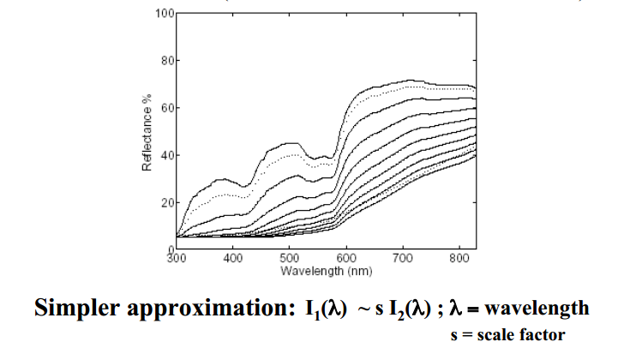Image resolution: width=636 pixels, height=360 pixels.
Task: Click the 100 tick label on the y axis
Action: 165,15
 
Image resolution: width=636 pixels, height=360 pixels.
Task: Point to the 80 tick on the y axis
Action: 167,62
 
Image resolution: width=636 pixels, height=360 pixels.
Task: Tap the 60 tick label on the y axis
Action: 167,108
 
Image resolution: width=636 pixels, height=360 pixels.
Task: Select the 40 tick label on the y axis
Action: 167,155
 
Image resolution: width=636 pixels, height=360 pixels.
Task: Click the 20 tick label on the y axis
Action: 167,203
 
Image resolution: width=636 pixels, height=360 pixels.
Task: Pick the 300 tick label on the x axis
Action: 176,258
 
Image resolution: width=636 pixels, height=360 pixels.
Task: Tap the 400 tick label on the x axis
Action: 232,258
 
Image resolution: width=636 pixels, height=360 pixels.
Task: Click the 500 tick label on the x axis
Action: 290,258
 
